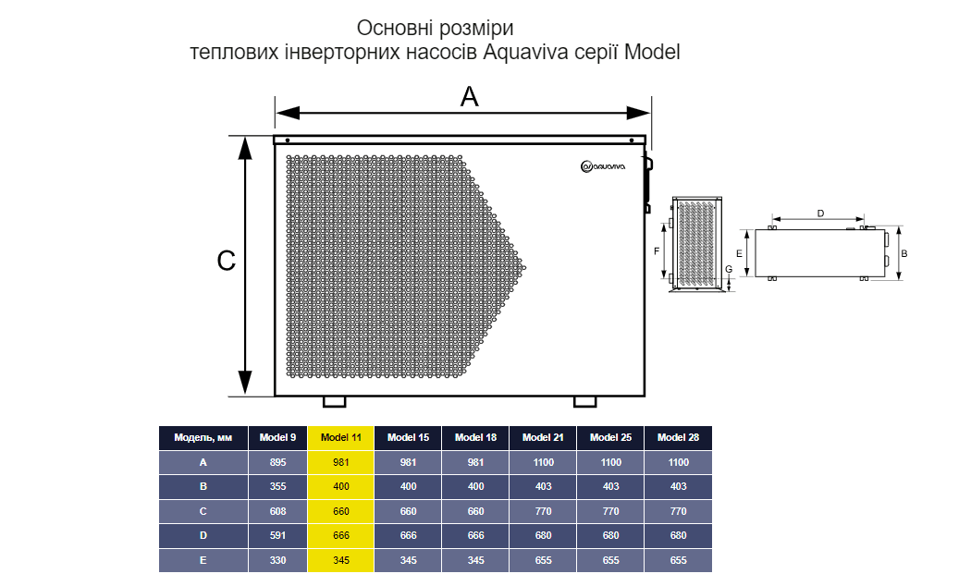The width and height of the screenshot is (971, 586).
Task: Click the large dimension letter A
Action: click(x=470, y=96)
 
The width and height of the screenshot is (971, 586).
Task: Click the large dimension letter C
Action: click(x=226, y=262)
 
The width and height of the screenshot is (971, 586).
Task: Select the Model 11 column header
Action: click(x=341, y=437)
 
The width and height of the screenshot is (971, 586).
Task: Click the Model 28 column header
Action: click(x=678, y=437)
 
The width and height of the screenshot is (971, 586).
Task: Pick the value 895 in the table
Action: click(x=278, y=462)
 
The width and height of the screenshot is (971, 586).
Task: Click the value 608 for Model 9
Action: click(x=278, y=511)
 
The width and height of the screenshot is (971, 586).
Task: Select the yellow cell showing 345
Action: click(x=341, y=560)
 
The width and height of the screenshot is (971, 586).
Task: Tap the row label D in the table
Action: click(x=203, y=536)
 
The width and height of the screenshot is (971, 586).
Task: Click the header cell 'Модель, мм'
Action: click(x=203, y=437)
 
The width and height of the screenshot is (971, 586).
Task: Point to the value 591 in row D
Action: click(x=278, y=536)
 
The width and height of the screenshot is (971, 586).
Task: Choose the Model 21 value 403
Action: click(x=543, y=486)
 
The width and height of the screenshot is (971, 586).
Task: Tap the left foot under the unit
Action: click(x=334, y=401)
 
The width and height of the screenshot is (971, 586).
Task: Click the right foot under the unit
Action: click(x=585, y=401)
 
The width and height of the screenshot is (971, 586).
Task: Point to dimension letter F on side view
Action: click(x=657, y=250)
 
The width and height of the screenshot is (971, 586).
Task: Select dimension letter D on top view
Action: click(x=820, y=214)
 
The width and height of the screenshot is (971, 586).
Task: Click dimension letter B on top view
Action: click(x=904, y=252)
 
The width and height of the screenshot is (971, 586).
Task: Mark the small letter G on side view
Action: click(x=729, y=269)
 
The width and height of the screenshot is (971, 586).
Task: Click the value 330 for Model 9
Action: click(x=278, y=560)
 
